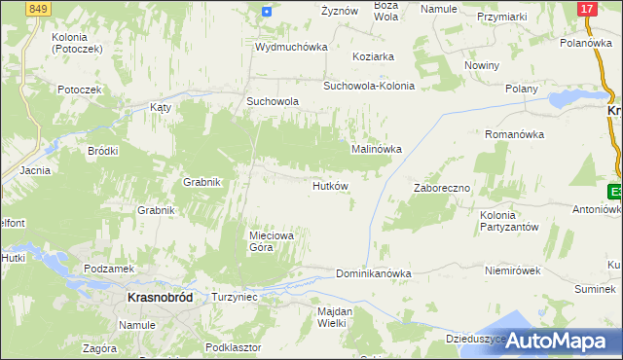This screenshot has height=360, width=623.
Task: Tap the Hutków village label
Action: (331, 185)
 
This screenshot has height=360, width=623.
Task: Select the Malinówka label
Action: (377, 149)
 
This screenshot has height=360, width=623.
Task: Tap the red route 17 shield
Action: (586, 9)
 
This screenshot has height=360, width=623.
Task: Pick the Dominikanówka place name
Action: (374, 274)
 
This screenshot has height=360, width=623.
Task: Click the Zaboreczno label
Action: (442, 188)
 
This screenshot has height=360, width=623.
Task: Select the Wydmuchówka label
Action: (291, 47)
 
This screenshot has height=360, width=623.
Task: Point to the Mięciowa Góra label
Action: (265, 240)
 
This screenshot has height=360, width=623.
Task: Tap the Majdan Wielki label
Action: (333, 316)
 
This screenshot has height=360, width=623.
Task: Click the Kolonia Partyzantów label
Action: (509, 220)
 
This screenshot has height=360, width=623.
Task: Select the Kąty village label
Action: (160, 108)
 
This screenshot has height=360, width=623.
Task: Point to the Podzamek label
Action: (108, 269)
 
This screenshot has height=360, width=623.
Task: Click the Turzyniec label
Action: (234, 296)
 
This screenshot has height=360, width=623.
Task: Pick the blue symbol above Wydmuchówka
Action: (267, 11)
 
